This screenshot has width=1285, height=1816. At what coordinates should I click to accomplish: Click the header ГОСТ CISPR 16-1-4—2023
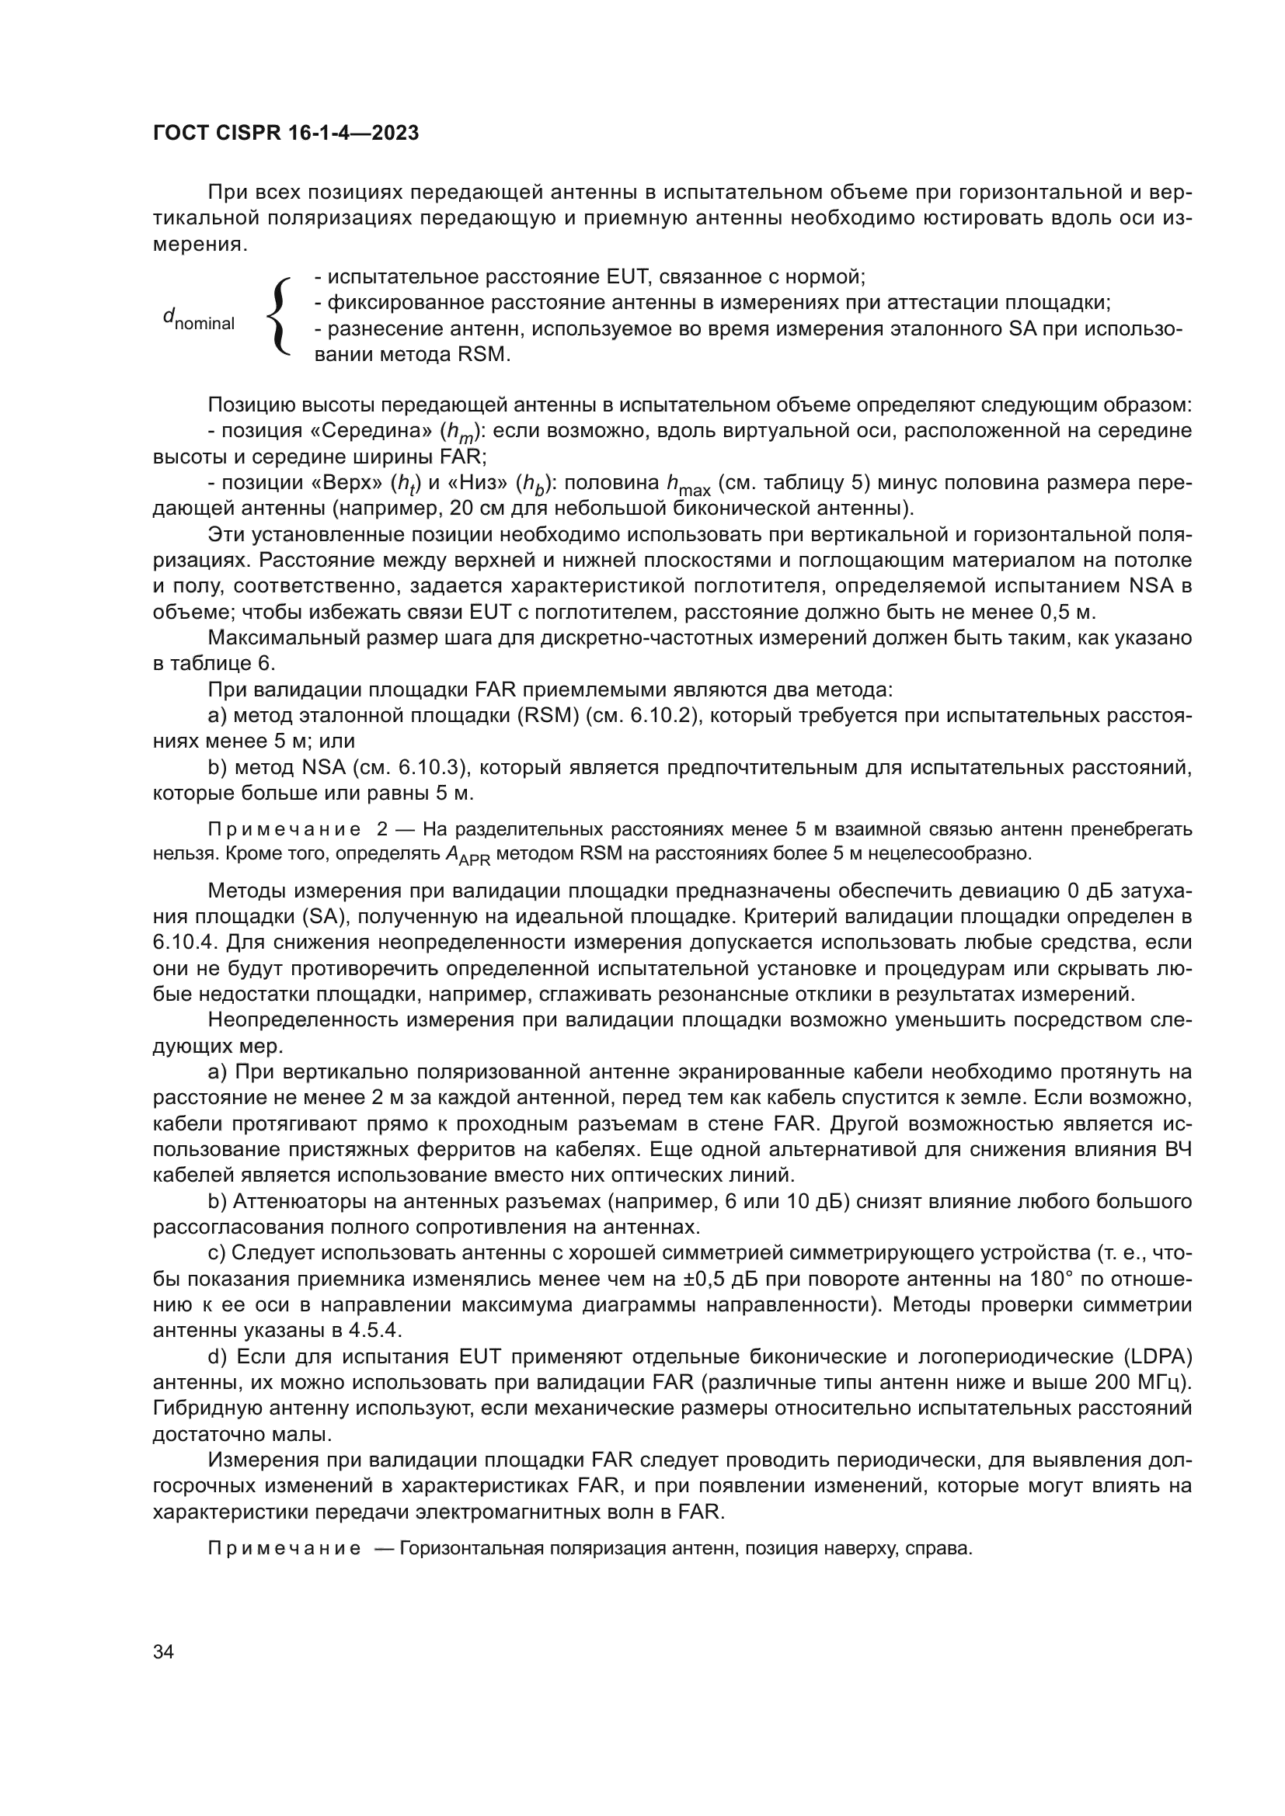pos(286,134)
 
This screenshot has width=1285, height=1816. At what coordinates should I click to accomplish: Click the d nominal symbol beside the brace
pos(199,320)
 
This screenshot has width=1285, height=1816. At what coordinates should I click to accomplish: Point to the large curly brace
pos(279,315)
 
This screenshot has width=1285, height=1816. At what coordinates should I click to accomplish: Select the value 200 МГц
pos(1141,1383)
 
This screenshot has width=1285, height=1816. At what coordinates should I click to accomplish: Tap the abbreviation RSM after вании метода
pos(480,354)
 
